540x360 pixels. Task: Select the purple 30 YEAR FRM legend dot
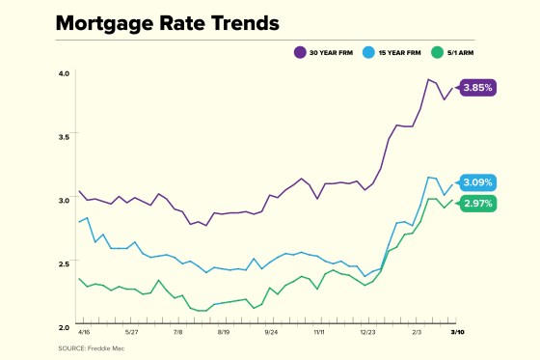(x=300, y=50)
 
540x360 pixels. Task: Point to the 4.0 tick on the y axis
(x=64, y=73)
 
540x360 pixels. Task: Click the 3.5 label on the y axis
(x=64, y=137)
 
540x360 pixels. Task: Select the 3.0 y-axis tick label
(x=64, y=200)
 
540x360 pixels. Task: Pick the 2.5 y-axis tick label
(x=64, y=263)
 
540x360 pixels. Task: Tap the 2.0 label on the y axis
(x=64, y=326)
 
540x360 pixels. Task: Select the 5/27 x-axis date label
(x=130, y=331)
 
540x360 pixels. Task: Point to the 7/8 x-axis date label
(x=178, y=331)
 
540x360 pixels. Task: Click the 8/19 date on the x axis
(x=224, y=331)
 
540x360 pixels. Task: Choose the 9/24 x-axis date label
(x=271, y=331)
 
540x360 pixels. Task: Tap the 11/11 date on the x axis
(x=319, y=331)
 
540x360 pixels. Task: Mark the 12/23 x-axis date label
(x=367, y=331)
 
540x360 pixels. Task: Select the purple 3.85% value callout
(x=477, y=87)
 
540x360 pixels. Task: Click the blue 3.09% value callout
(x=477, y=182)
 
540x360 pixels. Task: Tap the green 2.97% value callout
(x=477, y=204)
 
